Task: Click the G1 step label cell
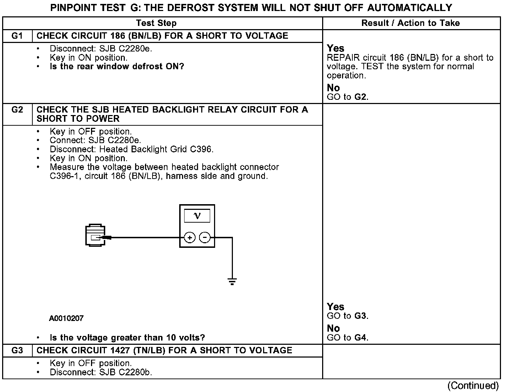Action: pos(17,36)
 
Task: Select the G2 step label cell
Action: pos(17,110)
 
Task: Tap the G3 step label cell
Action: pos(17,350)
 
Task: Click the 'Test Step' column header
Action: pos(156,23)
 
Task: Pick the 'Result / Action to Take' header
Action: pos(411,23)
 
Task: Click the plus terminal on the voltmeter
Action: pos(190,238)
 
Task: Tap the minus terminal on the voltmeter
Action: pos(204,238)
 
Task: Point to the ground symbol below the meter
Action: pos(232,282)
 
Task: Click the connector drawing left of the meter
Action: pos(95,235)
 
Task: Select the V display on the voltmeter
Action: pos(197,216)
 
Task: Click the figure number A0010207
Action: pos(66,318)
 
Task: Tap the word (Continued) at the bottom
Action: pos(473,386)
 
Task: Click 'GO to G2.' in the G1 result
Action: pos(347,97)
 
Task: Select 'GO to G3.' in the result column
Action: pos(347,316)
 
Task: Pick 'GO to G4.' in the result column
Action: pos(347,338)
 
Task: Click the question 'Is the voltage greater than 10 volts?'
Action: pos(127,338)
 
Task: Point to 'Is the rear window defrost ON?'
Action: pos(117,66)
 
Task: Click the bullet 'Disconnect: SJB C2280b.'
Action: pos(101,372)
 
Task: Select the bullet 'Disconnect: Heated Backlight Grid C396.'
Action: pos(132,149)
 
